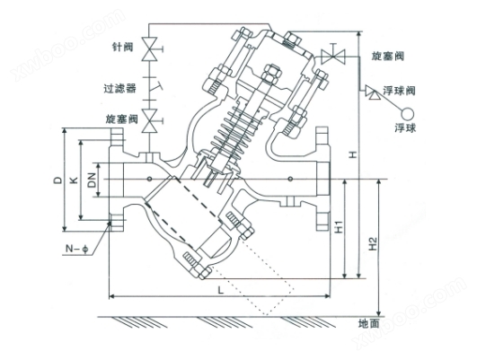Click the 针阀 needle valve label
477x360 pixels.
(x=123, y=47)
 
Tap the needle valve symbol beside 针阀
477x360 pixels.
(x=151, y=48)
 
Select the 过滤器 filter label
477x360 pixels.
(x=119, y=89)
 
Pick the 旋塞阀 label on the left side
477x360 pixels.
(x=121, y=119)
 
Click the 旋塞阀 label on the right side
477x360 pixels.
(x=387, y=56)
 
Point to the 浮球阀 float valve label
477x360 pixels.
(x=399, y=91)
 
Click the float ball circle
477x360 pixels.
(x=407, y=114)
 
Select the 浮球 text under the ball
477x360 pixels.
(x=405, y=128)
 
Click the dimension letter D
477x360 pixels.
(x=57, y=180)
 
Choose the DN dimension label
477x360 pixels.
(x=92, y=180)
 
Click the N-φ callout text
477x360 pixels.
(x=77, y=249)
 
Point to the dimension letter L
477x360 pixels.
(x=221, y=290)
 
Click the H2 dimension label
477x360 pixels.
(x=373, y=243)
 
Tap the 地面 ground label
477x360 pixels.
(x=369, y=323)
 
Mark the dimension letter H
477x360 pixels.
(x=352, y=154)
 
